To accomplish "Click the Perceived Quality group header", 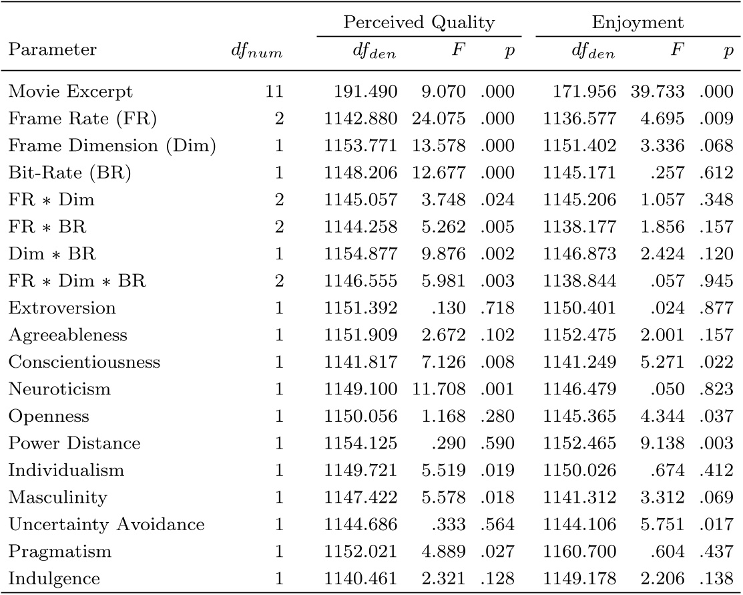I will pyautogui.click(x=419, y=23).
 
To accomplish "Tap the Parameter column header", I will pyautogui.click(x=52, y=50).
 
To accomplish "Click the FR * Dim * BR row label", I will pyautogui.click(x=77, y=281).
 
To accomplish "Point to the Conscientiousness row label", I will pyautogui.click(x=84, y=362).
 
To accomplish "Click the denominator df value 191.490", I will pyautogui.click(x=369, y=91).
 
